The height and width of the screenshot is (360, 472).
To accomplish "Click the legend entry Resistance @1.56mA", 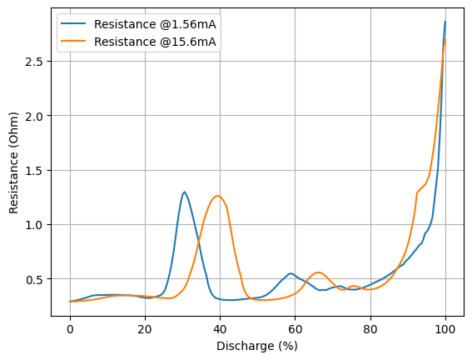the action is pos(155,24).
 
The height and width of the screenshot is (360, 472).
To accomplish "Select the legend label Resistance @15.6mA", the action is pos(155,42).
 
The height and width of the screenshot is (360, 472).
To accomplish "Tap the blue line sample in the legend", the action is pos(73,24).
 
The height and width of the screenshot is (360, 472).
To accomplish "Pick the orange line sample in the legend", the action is pos(73,42).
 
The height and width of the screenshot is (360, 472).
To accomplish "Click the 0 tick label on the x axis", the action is pos(70,329).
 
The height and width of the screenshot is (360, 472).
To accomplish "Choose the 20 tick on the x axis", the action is pos(145,329).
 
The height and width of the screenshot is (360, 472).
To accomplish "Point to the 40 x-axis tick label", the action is pos(220,329).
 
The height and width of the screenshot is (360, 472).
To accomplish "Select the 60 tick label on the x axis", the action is pos(295,329).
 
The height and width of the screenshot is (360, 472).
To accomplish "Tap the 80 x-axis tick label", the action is pos(370,329).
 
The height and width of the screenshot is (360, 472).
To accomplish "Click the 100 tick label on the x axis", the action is pos(445,329).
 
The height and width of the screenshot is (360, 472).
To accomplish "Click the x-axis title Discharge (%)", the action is pos(257,346).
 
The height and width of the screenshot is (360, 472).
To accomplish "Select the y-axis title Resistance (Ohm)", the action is pos(13,162).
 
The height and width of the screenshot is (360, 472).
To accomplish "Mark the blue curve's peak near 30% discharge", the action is pos(184,192).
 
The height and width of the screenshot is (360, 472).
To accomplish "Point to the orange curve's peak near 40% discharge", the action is pos(217,196).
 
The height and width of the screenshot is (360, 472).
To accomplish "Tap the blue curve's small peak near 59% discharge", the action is pos(291,273).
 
